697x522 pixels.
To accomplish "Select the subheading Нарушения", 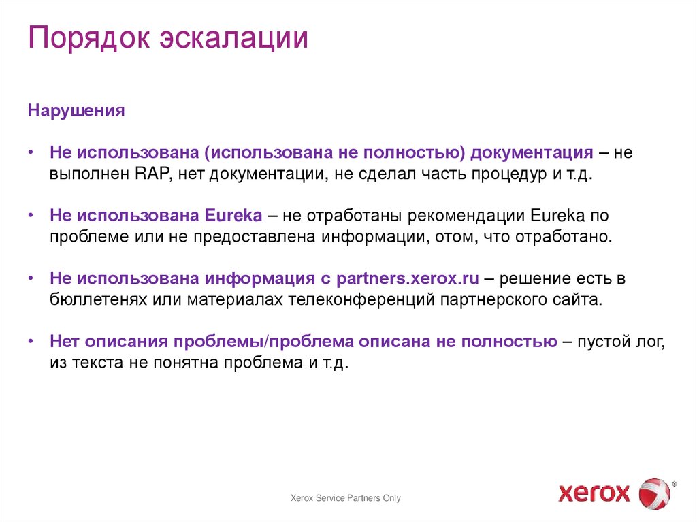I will [76, 111].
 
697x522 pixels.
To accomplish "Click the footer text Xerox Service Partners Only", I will [346, 498].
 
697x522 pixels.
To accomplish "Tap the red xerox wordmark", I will [594, 492].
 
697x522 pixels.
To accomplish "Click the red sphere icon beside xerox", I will [654, 493].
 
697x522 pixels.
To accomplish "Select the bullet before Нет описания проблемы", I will [32, 342].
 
